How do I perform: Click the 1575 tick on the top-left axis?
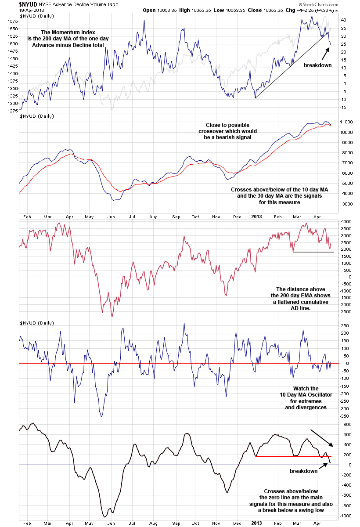(x=12, y=21)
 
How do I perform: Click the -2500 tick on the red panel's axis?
(x=348, y=311)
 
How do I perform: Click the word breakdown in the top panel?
(x=317, y=65)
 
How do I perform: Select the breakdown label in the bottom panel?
(x=303, y=471)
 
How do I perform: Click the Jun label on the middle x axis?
(x=111, y=217)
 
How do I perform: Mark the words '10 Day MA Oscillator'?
(x=306, y=395)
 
